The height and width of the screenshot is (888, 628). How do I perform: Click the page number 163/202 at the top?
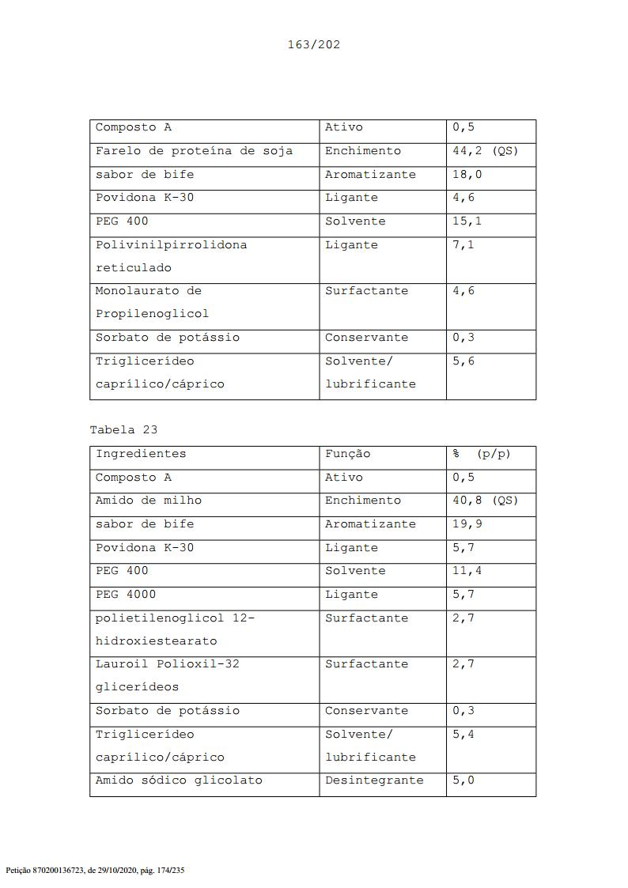pos(313,44)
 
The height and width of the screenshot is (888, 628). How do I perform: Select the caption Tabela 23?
pos(123,430)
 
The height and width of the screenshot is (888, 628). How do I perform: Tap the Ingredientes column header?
pos(141,454)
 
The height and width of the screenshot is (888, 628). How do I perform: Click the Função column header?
pos(347,454)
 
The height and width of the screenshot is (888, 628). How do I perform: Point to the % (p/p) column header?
pos(482,454)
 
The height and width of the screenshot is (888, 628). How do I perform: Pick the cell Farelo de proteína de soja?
pos(194,151)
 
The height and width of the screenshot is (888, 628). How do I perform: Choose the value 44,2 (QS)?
pos(485,151)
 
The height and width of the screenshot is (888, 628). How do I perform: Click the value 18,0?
pos(467,174)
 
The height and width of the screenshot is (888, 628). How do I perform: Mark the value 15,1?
pos(467,221)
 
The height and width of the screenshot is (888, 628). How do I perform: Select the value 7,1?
pos(463,244)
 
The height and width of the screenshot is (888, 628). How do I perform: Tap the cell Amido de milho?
pos(149,501)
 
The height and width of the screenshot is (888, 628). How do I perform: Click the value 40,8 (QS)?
pos(485,501)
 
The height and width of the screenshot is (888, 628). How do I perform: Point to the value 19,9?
pos(467,523)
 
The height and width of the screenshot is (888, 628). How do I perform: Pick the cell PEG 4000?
pos(126,594)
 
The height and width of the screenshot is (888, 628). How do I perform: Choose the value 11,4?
pos(467,570)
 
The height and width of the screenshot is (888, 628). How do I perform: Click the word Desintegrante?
pos(374,780)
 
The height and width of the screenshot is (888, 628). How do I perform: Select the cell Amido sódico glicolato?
pos(179,780)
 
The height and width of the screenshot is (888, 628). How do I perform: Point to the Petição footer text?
pos(95,871)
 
